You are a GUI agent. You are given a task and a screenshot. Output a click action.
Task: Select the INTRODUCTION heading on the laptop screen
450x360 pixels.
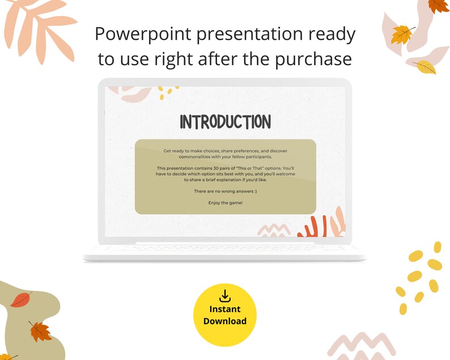pyautogui.click(x=225, y=121)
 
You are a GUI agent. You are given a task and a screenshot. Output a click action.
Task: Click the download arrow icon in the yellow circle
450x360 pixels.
pyautogui.click(x=225, y=295)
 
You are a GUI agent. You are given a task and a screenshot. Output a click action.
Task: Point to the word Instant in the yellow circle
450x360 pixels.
pyautogui.click(x=225, y=309)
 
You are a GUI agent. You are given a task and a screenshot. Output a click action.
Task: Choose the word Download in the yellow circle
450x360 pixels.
pyautogui.click(x=225, y=321)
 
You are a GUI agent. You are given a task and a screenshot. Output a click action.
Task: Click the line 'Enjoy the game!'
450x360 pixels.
pyautogui.click(x=225, y=202)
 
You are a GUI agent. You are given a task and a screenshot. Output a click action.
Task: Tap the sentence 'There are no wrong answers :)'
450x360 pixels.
pyautogui.click(x=225, y=192)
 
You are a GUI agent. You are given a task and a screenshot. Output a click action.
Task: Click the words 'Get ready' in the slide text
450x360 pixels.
pyautogui.click(x=173, y=151)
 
